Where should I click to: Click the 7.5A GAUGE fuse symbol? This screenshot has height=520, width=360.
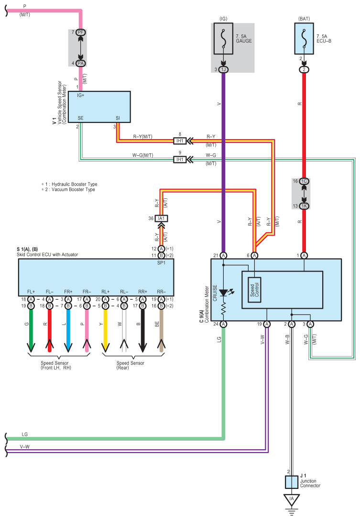223,38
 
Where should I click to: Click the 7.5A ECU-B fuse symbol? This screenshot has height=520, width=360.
304,38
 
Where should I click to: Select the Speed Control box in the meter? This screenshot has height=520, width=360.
254,290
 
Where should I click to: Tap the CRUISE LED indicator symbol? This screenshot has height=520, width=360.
224,293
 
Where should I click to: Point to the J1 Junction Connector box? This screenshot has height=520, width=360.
292,482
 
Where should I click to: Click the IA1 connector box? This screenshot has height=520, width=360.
161,218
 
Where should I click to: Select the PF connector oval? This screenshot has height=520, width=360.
81,32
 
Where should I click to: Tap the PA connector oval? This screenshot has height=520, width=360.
81,63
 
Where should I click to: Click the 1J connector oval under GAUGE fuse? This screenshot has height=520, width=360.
223,69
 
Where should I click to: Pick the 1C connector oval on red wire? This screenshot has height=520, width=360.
304,181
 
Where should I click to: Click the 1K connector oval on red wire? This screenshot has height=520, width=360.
304,206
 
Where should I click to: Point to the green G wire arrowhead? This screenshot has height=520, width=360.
31,346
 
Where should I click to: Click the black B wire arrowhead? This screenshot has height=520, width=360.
142,346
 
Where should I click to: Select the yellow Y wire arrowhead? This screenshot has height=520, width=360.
106,346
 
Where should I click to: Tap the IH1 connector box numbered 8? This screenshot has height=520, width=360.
180,141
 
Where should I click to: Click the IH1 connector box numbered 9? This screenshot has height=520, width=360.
180,160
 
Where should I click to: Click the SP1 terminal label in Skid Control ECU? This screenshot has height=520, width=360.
161,263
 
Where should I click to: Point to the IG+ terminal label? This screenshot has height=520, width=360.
81,95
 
